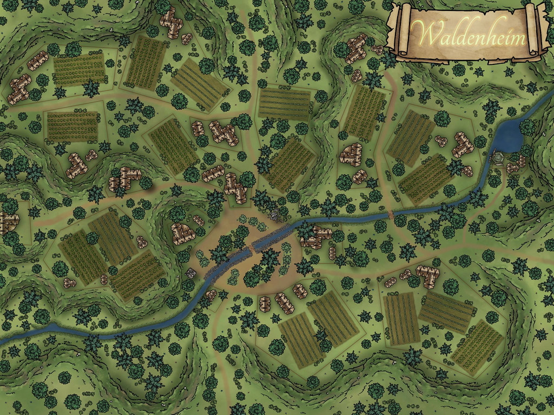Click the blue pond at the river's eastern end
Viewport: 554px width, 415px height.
pos(509,135)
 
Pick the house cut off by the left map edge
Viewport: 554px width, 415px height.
pos(8,222)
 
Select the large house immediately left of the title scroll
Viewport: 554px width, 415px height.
pos(357,48)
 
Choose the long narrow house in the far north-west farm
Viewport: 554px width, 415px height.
pos(37,61)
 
